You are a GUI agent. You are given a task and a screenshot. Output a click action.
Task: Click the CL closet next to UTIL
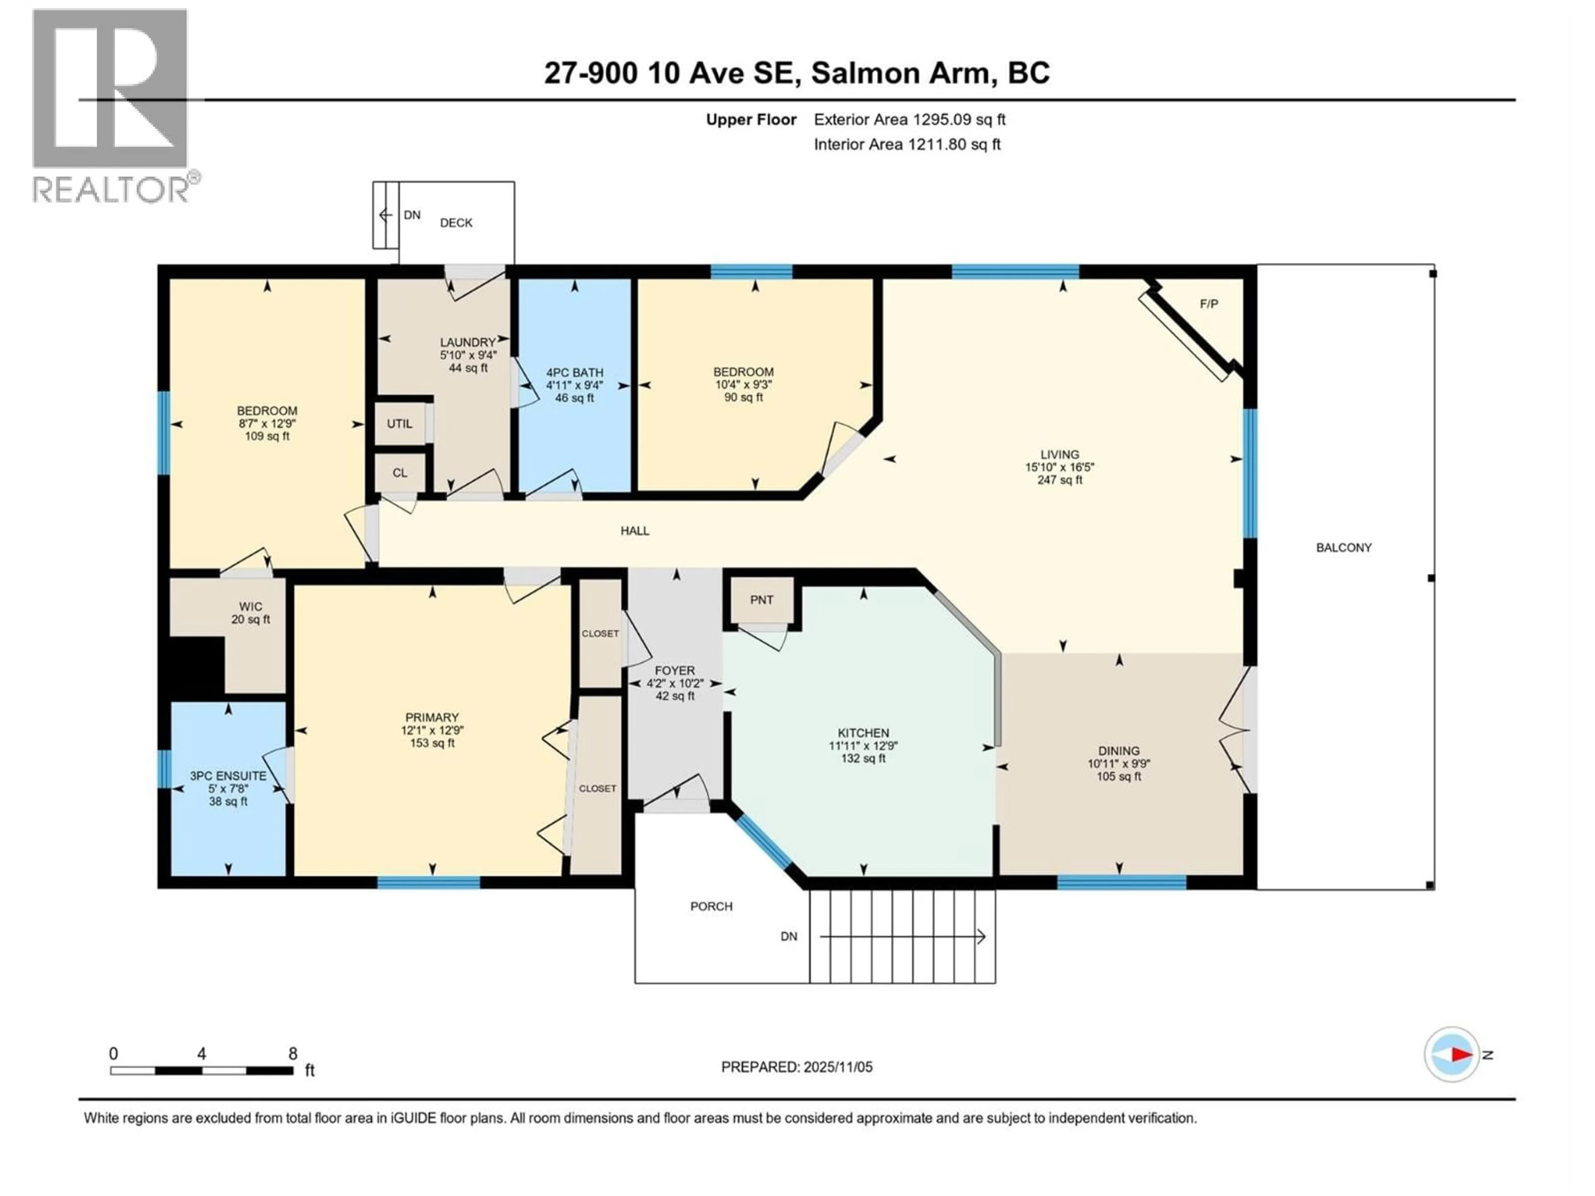400,473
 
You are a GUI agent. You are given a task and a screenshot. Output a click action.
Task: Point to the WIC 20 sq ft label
250,613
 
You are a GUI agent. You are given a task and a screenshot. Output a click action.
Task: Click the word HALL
635,531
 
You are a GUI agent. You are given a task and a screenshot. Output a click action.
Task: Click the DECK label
456,223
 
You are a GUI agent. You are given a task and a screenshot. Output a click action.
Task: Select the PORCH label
711,906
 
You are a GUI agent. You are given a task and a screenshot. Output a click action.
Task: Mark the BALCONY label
1343,548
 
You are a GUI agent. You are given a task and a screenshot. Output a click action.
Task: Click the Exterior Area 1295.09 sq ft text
909,120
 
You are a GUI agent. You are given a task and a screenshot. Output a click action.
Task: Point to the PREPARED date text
797,1067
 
